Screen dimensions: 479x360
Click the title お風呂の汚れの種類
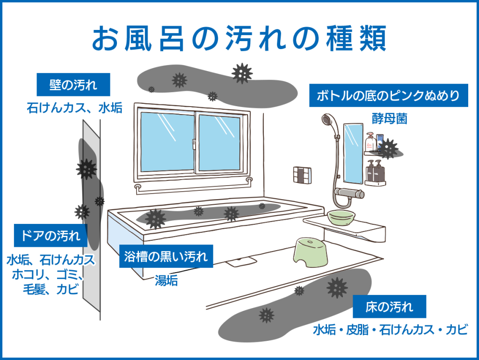239,38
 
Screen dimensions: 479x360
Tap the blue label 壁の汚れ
73,85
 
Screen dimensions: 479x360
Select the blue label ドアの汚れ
51,236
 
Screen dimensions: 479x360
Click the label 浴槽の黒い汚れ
166,256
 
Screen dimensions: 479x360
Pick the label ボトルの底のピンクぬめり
389,95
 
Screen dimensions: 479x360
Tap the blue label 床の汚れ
389,307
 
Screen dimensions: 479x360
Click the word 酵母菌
390,118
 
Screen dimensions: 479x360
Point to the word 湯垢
166,281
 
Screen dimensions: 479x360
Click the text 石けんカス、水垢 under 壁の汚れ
74,108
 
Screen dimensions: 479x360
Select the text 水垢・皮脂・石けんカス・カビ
391,330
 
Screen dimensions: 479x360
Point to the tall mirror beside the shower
354,154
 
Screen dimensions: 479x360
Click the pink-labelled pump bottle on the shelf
370,141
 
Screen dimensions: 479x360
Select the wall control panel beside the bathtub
303,175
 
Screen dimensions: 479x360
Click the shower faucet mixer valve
349,193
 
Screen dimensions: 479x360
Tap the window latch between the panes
194,144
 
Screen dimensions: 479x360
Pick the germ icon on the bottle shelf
388,149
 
